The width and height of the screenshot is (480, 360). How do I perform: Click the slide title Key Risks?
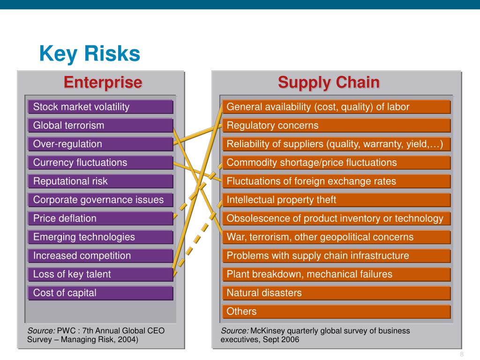click(90, 54)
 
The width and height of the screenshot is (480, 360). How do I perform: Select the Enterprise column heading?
click(103, 82)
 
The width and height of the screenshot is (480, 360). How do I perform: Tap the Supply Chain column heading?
click(329, 82)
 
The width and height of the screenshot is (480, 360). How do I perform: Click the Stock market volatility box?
click(100, 107)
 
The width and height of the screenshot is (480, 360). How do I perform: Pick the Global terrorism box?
click(100, 126)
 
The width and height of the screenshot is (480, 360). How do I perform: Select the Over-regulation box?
click(100, 144)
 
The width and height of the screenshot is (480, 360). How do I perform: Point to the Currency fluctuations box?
click(100, 163)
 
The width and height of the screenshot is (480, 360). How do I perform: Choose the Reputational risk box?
click(100, 181)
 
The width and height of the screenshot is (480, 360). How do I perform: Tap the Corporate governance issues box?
click(100, 200)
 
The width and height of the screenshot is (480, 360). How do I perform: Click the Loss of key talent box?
click(100, 274)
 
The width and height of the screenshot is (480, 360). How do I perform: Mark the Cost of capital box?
click(100, 293)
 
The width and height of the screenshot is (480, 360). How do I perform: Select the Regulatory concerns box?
click(336, 126)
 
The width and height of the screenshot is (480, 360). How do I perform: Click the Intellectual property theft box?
click(336, 200)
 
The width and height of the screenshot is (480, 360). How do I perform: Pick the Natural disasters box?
click(336, 293)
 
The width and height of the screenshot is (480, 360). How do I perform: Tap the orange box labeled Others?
click(336, 312)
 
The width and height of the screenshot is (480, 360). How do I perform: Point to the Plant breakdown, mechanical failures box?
click(336, 274)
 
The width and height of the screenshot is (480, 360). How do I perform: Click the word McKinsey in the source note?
click(266, 331)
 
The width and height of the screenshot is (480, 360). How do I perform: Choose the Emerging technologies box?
click(100, 237)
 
